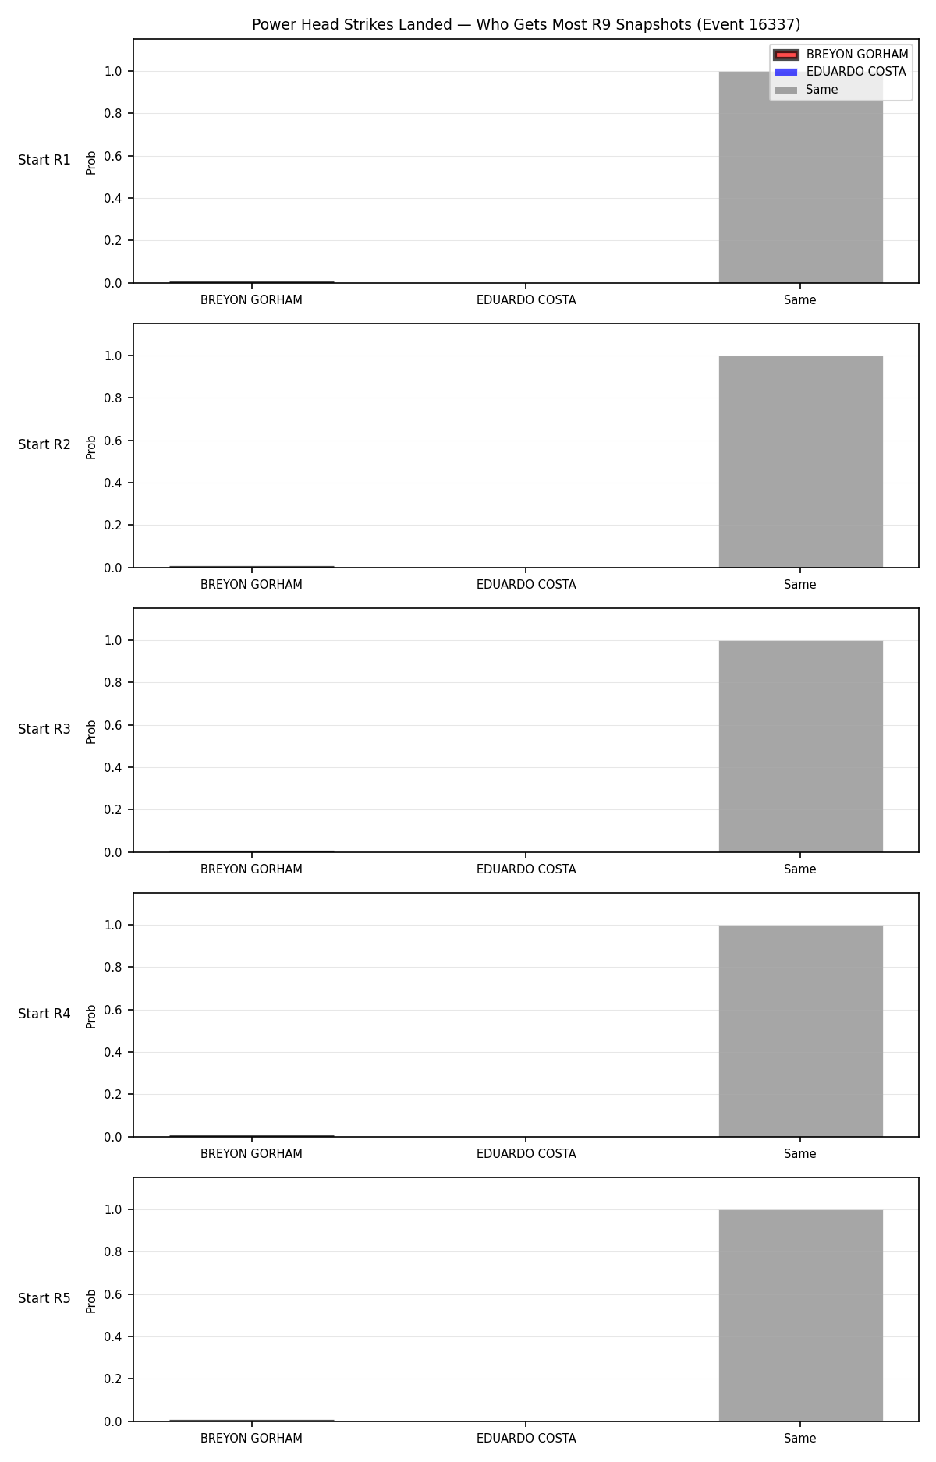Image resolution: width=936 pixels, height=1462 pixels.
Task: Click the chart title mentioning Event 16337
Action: [x=526, y=25]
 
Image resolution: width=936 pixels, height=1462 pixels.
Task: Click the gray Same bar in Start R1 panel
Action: [x=800, y=177]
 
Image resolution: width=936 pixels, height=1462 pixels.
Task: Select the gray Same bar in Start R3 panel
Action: [x=800, y=746]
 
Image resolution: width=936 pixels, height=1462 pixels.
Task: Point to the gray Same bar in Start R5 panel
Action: [x=800, y=1315]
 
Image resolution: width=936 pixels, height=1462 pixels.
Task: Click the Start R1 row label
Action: [x=44, y=161]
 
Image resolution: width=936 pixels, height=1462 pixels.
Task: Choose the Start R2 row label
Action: [x=44, y=445]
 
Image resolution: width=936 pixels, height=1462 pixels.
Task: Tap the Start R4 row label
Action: [x=44, y=1014]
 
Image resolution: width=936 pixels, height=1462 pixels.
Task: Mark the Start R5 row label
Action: [x=44, y=1299]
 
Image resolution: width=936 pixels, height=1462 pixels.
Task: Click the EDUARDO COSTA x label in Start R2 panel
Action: [x=526, y=585]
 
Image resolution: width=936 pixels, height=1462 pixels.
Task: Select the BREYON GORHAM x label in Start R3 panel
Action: [x=251, y=869]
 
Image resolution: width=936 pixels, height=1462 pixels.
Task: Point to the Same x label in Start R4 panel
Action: [x=800, y=1154]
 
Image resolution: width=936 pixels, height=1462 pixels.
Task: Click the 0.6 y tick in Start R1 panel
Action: [x=113, y=156]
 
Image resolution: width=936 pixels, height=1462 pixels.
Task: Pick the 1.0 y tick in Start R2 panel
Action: [x=113, y=356]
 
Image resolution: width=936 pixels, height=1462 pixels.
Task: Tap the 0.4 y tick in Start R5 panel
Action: [x=113, y=1336]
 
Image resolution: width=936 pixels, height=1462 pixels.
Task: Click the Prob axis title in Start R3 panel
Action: [x=91, y=731]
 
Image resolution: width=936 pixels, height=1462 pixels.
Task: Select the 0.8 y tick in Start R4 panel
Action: [x=113, y=967]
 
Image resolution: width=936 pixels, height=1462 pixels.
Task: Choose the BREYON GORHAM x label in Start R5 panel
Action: [x=251, y=1439]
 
